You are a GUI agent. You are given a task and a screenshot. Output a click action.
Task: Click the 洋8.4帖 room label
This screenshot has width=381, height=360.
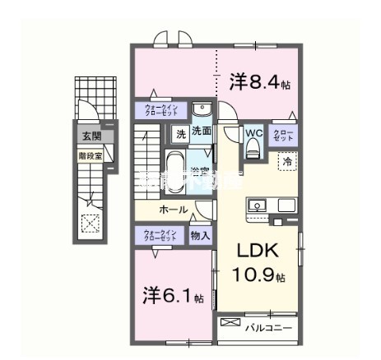coord(259,82)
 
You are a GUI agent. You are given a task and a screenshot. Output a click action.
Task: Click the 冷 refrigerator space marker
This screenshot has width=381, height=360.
coord(287,163)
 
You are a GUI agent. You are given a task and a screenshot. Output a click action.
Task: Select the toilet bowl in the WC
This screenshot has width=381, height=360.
coord(253,148)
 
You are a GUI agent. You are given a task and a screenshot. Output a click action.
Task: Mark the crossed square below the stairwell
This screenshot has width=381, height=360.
coord(88,222)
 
